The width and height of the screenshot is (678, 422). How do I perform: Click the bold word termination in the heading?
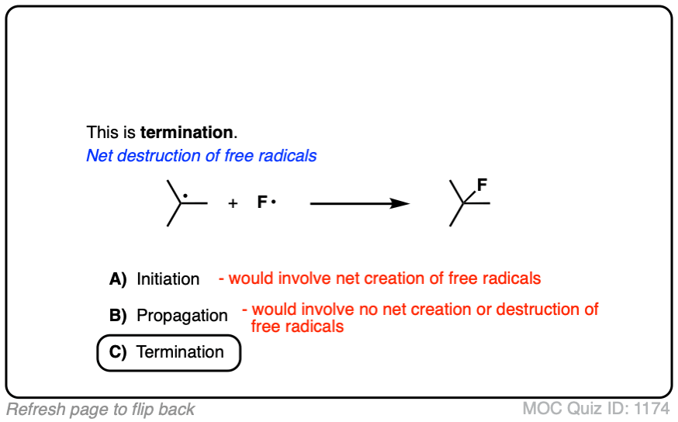pos(186,132)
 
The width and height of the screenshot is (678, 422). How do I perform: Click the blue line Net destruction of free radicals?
pos(202,156)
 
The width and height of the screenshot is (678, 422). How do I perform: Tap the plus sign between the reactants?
pos(233,204)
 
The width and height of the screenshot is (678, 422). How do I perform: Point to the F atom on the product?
pos(482,185)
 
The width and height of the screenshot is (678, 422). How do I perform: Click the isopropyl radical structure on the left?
pos(185,203)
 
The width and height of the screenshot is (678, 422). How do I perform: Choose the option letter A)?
pos(118,278)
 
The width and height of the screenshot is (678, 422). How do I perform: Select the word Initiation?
pos(168,278)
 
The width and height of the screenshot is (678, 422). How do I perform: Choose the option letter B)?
pos(118,316)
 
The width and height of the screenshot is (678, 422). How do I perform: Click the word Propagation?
pos(182,316)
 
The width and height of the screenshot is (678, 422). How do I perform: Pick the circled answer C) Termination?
pos(169,352)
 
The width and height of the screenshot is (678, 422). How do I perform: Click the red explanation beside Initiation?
pos(379,278)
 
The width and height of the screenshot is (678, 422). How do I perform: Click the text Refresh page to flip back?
pos(101,410)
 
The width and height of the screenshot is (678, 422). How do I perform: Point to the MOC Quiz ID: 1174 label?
pos(597,410)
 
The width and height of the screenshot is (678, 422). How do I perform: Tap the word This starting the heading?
pos(102,132)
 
